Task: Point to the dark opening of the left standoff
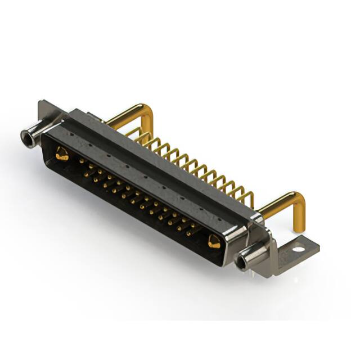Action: point(25,136)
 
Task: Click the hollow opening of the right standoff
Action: point(243,262)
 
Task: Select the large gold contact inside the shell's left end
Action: point(62,153)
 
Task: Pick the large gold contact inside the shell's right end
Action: point(214,242)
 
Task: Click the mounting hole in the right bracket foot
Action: point(298,248)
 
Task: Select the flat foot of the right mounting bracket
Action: point(295,251)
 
